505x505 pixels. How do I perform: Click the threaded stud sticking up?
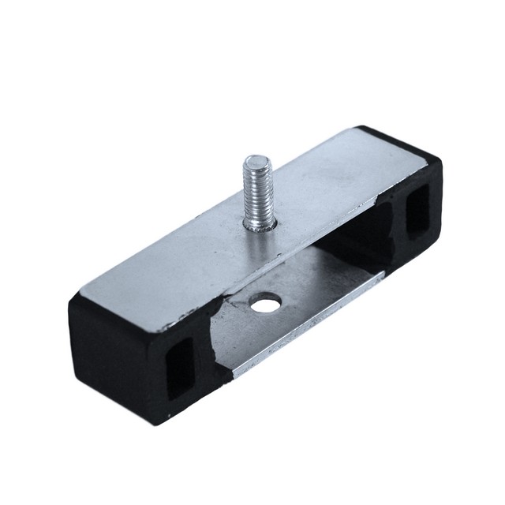(x=257, y=194)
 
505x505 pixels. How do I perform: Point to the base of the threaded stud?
(x=260, y=226)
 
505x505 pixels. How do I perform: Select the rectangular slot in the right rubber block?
(x=416, y=213)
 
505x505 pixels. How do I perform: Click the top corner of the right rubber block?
(x=365, y=127)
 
